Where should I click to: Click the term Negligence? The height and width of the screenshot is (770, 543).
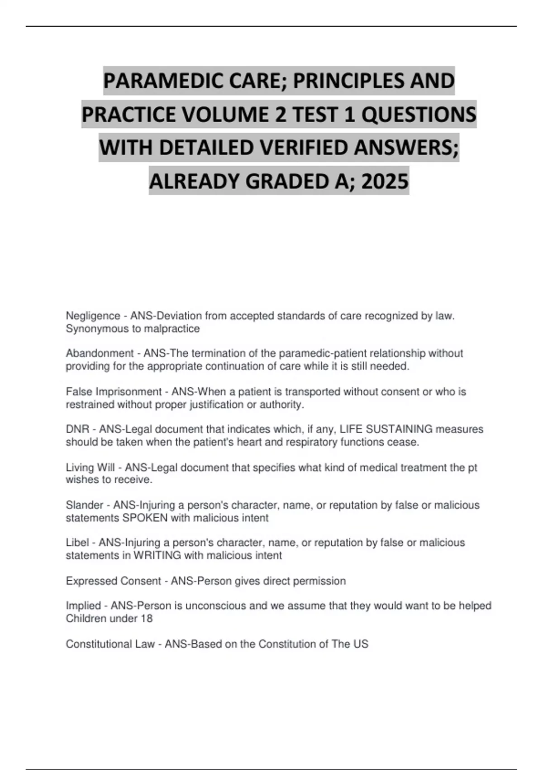(93, 316)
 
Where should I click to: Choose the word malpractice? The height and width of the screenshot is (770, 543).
(171, 329)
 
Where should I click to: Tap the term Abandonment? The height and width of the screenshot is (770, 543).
(100, 353)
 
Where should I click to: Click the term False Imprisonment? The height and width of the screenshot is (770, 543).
(114, 392)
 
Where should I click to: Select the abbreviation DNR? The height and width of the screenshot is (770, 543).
(77, 429)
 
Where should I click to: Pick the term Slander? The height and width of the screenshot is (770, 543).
(85, 505)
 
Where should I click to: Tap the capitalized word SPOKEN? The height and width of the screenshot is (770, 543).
(145, 518)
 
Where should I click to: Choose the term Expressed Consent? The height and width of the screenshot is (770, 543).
(113, 581)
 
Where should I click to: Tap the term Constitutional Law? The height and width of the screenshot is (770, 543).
(110, 644)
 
